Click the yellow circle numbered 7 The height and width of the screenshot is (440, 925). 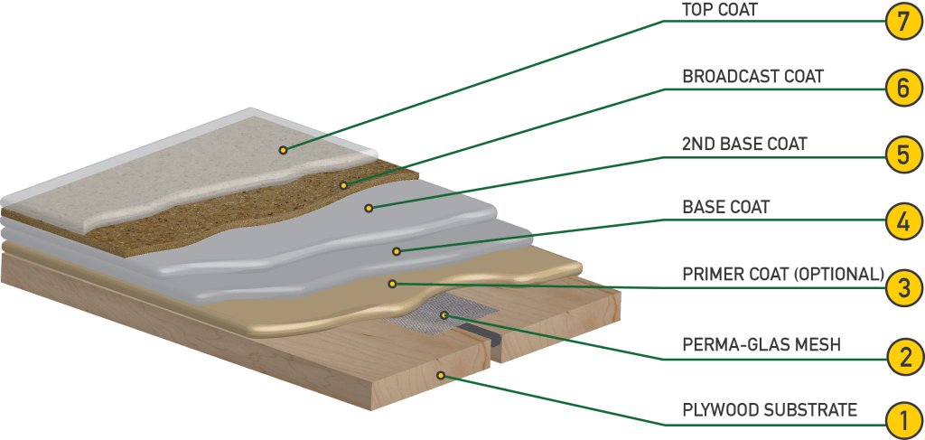point(903,22)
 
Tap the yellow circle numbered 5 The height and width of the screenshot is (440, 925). point(903,155)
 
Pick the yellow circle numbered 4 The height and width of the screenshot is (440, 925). point(903,222)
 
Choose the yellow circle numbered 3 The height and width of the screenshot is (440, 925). point(903,290)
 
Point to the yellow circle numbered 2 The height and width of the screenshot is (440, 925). point(903,357)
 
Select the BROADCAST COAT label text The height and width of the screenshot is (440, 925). point(752,77)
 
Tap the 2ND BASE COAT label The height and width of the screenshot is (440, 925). point(744,144)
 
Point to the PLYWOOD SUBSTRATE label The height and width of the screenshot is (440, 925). point(770,409)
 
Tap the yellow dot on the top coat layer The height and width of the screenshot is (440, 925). point(283,150)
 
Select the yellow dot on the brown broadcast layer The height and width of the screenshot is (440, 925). point(343,185)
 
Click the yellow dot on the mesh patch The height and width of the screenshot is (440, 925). point(444,315)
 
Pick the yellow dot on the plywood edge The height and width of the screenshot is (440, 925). point(440,375)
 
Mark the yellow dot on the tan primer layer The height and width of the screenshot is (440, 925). point(392,284)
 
